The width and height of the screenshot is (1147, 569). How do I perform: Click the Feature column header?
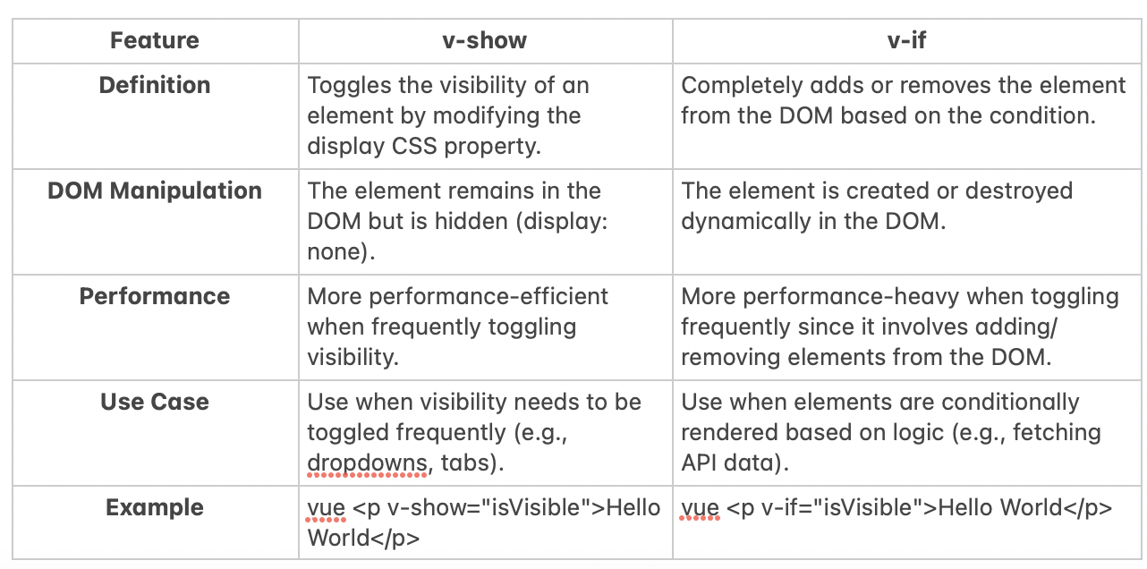pos(155,40)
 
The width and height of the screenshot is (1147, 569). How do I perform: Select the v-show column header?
pos(484,40)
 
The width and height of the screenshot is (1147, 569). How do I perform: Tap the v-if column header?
pos(906,40)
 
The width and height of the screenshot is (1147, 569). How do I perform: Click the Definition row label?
pos(155,85)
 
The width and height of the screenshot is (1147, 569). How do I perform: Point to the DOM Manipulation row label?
pos(155,191)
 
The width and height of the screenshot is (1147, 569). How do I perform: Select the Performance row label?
pos(155,296)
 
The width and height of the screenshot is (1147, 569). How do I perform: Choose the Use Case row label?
pos(155,402)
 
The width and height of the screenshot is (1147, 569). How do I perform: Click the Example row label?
pos(155,507)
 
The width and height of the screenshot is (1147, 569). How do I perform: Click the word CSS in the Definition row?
pos(413,146)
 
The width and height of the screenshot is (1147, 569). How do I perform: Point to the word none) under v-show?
pos(341,252)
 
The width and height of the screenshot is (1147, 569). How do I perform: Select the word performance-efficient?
pos(489,296)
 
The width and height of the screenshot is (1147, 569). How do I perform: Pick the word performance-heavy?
pos(851,296)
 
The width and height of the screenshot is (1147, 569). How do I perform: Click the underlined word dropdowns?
pos(367,463)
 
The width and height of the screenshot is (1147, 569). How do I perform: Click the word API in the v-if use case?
pos(700,463)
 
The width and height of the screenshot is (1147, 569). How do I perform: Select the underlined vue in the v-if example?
pos(700,508)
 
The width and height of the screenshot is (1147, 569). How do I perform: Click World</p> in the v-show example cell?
pos(363,539)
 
